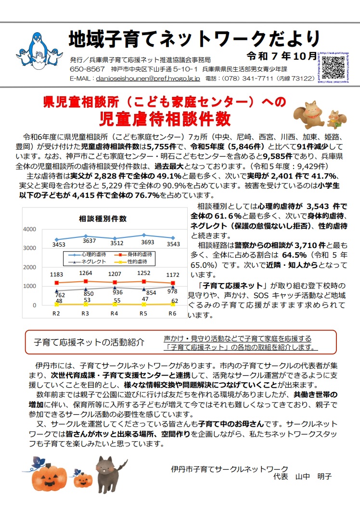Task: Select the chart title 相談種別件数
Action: point(103,218)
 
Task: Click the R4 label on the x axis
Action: point(114,314)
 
